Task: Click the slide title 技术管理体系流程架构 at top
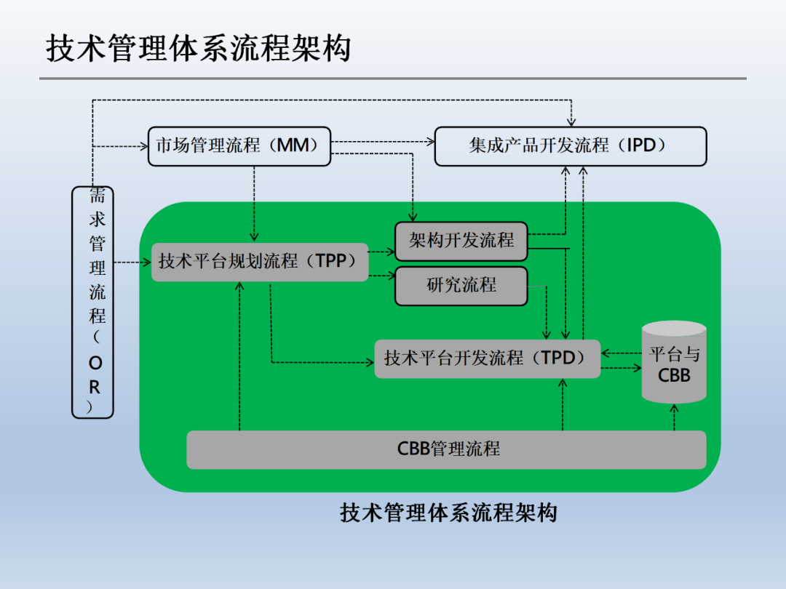(198, 49)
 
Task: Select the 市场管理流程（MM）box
(239, 146)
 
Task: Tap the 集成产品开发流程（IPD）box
(571, 146)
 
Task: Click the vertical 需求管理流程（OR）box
(92, 302)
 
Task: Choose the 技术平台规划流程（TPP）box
(260, 262)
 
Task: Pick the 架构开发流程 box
(461, 241)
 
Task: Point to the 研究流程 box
(461, 286)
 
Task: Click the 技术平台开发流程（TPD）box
(487, 358)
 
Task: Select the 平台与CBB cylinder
(674, 362)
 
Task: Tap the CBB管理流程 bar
(446, 449)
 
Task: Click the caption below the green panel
(448, 513)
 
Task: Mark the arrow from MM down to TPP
(254, 204)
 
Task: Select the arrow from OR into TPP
(133, 262)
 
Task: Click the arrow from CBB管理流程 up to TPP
(239, 356)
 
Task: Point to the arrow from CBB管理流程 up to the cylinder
(674, 417)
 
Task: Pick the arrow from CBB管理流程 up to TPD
(563, 404)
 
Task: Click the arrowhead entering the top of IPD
(571, 121)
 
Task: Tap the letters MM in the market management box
(293, 145)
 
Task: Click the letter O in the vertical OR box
(95, 363)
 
